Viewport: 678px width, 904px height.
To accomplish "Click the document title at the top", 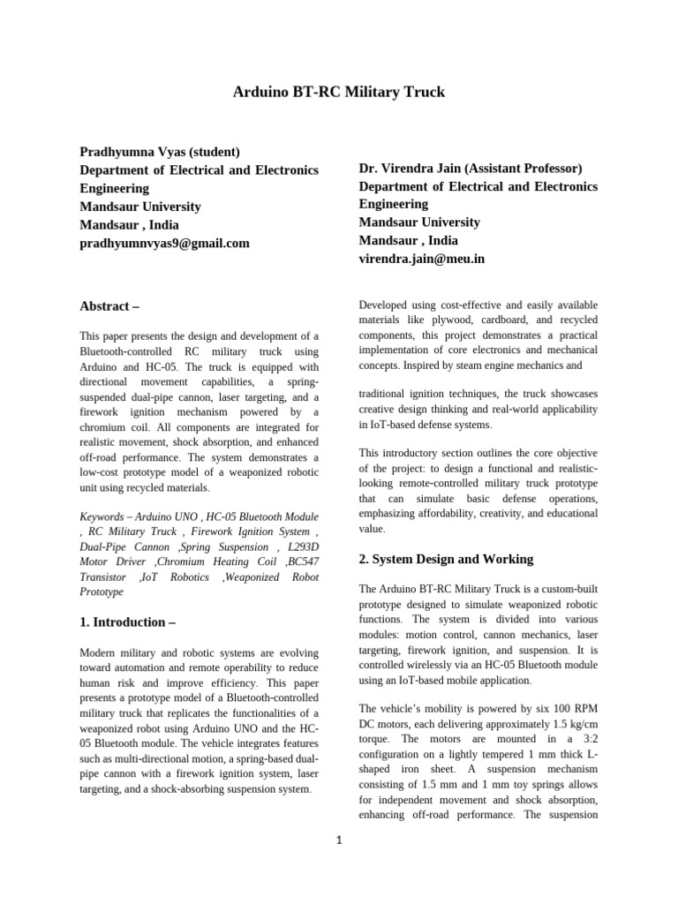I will coord(339,92).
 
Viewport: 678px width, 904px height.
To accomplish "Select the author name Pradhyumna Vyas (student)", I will coord(160,152).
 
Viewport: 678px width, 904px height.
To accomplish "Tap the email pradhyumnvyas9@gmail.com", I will coord(164,243).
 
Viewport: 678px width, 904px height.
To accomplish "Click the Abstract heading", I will coord(109,306).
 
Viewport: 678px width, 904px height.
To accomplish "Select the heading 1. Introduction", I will coord(122,621).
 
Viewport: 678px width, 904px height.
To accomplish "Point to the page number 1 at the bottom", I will coord(338,840).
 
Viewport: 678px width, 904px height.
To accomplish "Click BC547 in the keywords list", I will coord(299,561).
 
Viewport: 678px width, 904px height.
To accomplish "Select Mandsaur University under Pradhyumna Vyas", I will coord(140,207).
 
